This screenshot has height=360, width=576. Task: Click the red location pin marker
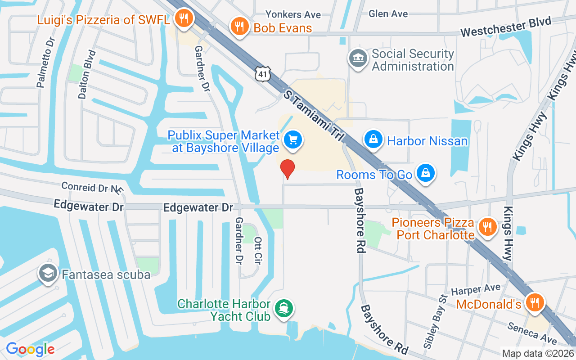(288, 169)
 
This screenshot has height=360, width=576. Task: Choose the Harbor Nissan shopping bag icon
(373, 139)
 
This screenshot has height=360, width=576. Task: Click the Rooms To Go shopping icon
(425, 173)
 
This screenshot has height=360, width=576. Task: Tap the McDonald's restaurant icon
(535, 302)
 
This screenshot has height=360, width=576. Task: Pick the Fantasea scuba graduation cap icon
(48, 273)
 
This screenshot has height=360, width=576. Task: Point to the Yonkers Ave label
(293, 14)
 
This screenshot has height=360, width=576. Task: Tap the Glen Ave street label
(388, 13)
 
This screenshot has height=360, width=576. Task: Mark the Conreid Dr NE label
(92, 187)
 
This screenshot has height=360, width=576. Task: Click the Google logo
(30, 349)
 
